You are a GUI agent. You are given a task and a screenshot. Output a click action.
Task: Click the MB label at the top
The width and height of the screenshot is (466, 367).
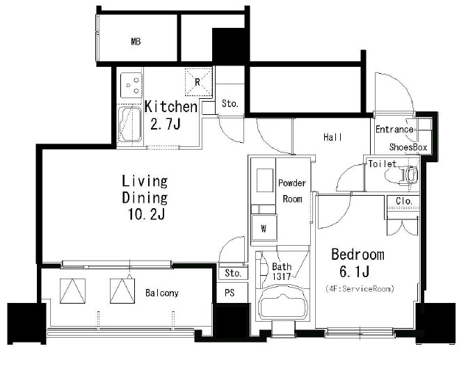point(136,41)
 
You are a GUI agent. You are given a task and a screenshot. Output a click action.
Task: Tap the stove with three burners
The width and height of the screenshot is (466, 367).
point(131,85)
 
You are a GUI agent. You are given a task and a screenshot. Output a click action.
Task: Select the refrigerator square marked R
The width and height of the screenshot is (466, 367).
point(198,82)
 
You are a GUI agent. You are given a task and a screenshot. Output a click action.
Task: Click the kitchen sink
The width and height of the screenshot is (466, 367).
point(129,124)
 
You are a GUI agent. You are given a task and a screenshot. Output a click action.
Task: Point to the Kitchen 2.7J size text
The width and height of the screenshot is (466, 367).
point(166,124)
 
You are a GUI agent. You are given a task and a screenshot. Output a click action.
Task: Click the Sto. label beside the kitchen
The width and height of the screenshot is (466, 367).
point(230,104)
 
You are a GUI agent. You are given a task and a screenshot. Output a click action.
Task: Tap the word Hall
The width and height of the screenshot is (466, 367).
point(332,137)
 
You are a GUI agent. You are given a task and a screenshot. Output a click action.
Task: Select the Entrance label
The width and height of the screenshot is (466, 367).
point(394,129)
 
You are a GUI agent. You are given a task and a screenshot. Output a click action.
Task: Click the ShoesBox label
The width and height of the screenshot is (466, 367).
point(408,147)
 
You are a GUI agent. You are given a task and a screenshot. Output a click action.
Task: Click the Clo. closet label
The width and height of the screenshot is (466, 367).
point(404,201)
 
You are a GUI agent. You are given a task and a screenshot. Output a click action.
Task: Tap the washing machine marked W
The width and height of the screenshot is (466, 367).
point(264,228)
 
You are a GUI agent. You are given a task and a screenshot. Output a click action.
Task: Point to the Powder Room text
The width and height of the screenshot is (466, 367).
point(292,191)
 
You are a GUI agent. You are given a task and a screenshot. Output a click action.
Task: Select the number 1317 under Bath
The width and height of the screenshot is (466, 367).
point(281,276)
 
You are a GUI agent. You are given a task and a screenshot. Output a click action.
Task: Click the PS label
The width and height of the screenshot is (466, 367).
point(230,293)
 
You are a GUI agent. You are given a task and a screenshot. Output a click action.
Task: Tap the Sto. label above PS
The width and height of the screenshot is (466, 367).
point(233,273)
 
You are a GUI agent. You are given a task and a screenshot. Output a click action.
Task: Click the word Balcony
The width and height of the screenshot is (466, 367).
point(162,293)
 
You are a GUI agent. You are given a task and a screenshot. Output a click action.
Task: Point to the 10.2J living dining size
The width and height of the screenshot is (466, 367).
point(147,214)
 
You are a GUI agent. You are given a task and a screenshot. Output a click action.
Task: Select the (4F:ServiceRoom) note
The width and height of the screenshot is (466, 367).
point(360,288)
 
